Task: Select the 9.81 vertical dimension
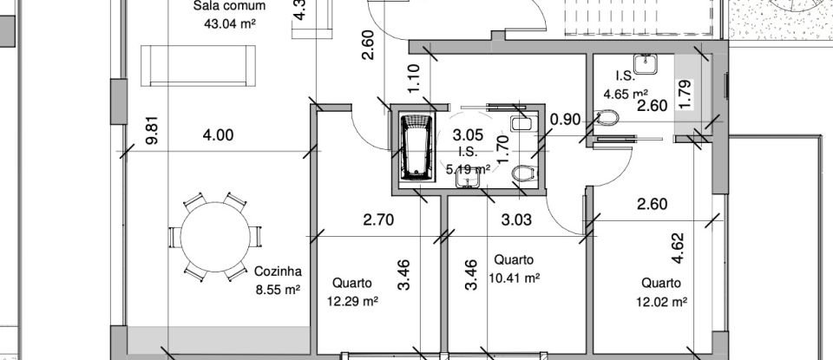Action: point(153,130)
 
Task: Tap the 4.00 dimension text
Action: point(218,134)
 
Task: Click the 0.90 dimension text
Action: point(567,119)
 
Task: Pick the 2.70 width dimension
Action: point(377,220)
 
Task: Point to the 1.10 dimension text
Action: point(414,80)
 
